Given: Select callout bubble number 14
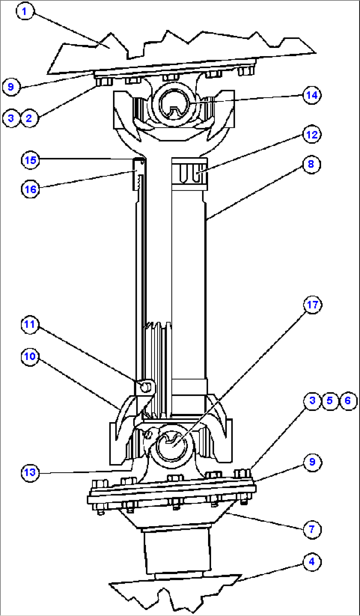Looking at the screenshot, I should tap(312, 95).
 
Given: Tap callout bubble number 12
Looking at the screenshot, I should tap(312, 135).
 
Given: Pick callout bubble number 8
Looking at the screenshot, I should tap(311, 164).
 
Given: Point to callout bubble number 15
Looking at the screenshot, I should tap(30, 160).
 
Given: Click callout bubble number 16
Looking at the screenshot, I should tap(30, 189).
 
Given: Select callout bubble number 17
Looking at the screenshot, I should tap(312, 305).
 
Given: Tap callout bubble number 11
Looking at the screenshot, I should tap(30, 324).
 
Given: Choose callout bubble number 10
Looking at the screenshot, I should tap(30, 356).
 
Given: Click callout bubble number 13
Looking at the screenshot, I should tap(30, 472).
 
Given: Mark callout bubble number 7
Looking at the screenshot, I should tap(312, 529).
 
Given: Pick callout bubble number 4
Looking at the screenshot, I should tap(312, 562).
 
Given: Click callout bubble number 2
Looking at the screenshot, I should tap(29, 118).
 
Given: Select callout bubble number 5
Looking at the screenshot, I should tap(330, 401).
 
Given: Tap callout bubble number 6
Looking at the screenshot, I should tap(348, 401).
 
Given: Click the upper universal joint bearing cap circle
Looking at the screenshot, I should tap(174, 104).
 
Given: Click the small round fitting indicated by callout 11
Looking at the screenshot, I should tap(145, 387).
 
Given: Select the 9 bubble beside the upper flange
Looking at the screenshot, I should tap(11, 87).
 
